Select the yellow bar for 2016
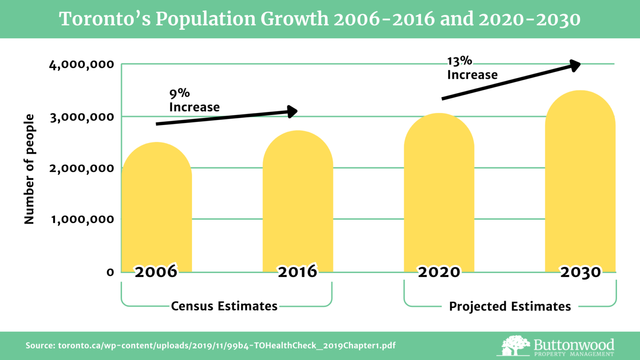(x=297, y=200)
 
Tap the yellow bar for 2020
(x=439, y=192)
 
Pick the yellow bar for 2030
(x=580, y=179)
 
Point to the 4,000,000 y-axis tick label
(x=82, y=65)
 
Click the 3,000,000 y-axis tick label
(x=82, y=117)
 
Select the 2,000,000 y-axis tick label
(x=82, y=168)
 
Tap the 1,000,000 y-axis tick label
(x=82, y=219)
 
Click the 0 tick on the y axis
(x=110, y=272)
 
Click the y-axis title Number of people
(x=29, y=169)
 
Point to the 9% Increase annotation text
(x=194, y=100)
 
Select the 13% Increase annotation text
(x=472, y=68)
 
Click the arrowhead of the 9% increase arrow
(x=293, y=111)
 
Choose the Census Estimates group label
(x=224, y=306)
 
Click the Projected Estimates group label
(x=510, y=307)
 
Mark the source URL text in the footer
(x=210, y=345)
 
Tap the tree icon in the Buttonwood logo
(x=515, y=345)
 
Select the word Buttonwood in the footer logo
(x=574, y=345)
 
